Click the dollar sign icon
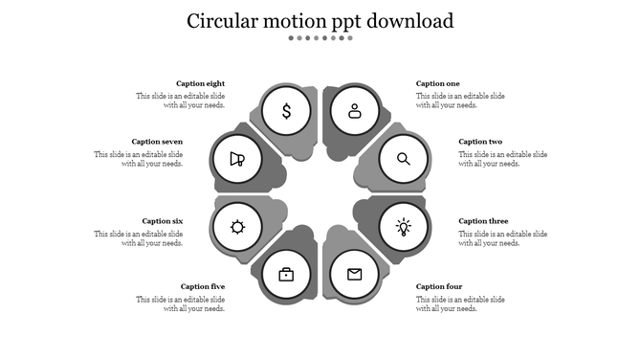click(286, 111)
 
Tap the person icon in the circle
click(355, 111)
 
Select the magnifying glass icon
click(404, 159)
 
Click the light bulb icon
click(404, 227)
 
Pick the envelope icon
click(355, 275)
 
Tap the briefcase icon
click(286, 275)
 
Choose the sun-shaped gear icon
click(237, 227)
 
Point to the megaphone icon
click(237, 159)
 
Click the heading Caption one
click(438, 84)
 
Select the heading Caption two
click(480, 142)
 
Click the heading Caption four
click(439, 286)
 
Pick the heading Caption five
click(203, 286)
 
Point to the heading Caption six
click(163, 221)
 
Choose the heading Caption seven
click(158, 142)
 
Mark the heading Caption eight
click(201, 84)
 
